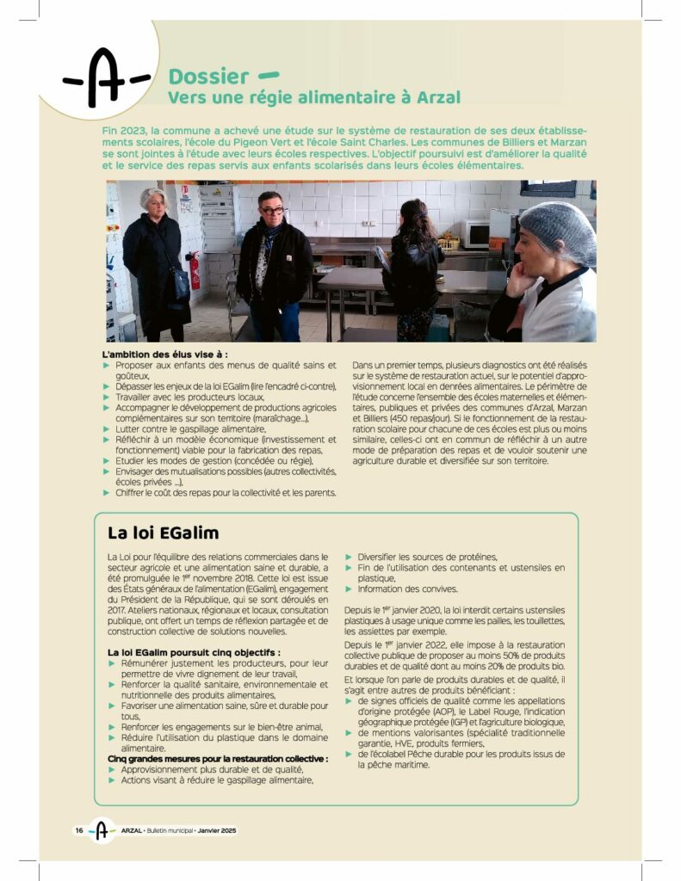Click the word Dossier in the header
click(x=208, y=77)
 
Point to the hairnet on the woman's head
click(x=557, y=230)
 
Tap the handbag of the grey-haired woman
click(x=180, y=284)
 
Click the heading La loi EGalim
click(x=163, y=533)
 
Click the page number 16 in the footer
click(x=78, y=830)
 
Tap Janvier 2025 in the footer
click(x=215, y=830)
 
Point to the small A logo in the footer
click(x=102, y=830)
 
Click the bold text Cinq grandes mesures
click(x=217, y=759)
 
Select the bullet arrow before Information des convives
click(x=350, y=589)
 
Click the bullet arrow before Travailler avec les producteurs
click(x=107, y=397)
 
